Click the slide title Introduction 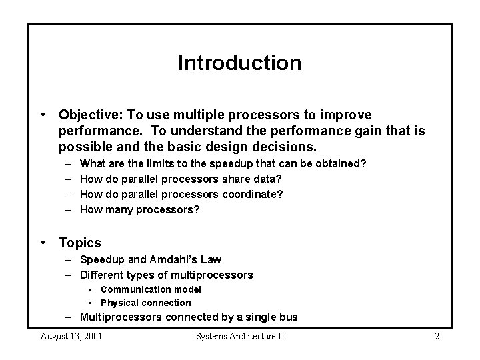pyautogui.click(x=239, y=63)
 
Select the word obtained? pyautogui.click(x=343, y=163)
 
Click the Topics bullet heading pyautogui.click(x=80, y=243)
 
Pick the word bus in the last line pyautogui.click(x=289, y=317)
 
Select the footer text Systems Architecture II pyautogui.click(x=240, y=336)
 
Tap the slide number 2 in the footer pyautogui.click(x=437, y=336)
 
